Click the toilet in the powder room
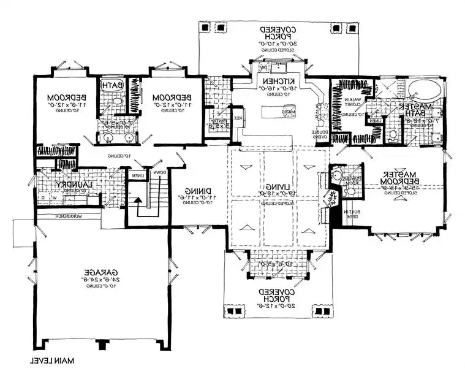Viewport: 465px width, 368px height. [x=336, y=178]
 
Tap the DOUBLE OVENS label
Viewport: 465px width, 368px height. [x=323, y=134]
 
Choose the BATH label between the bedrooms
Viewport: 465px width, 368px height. [x=115, y=85]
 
